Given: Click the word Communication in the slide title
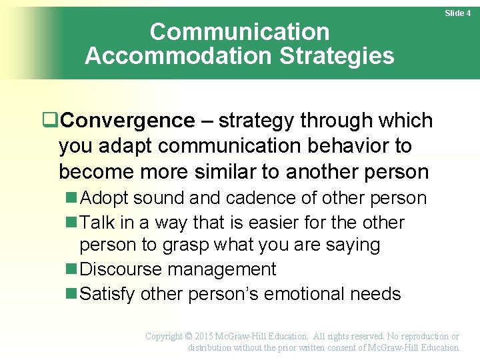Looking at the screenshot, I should tap(239, 31).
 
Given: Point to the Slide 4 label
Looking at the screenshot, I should tap(457, 13).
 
